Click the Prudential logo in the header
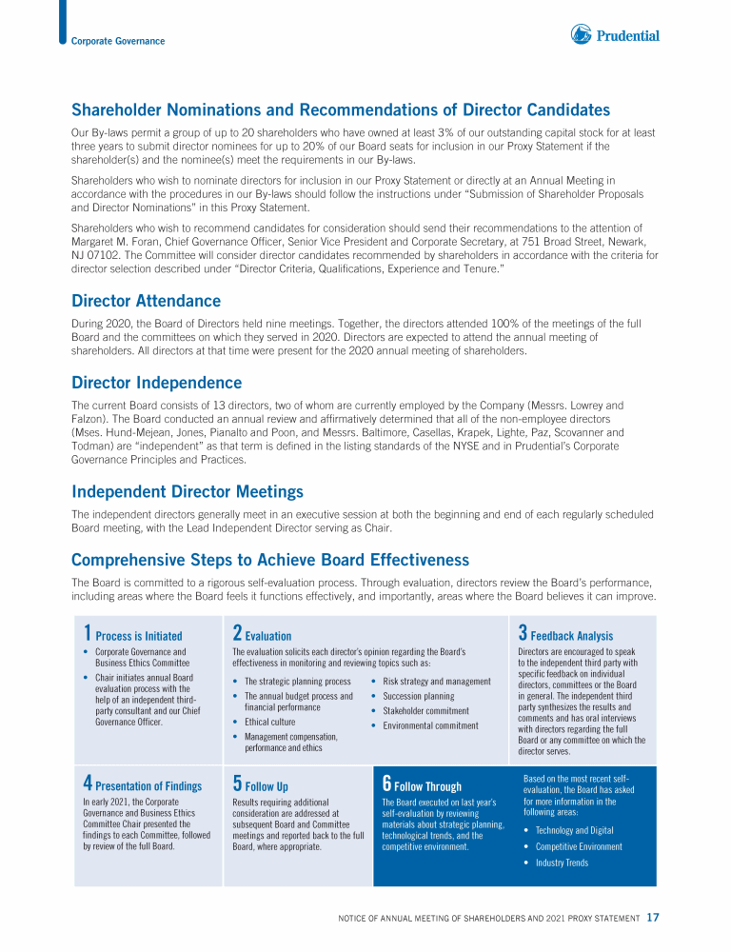(615, 36)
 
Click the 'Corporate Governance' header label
(118, 41)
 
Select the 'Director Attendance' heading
(146, 301)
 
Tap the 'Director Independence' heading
(156, 383)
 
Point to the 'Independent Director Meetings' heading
(188, 491)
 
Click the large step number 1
(87, 633)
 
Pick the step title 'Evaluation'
(268, 636)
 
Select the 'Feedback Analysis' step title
(571, 636)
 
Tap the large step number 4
(88, 783)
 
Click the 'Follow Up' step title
(267, 786)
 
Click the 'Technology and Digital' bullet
(574, 830)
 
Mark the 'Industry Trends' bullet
(562, 863)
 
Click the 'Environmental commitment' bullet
(430, 725)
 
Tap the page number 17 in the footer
(653, 918)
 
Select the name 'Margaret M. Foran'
(113, 242)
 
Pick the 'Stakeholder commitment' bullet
(425, 711)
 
